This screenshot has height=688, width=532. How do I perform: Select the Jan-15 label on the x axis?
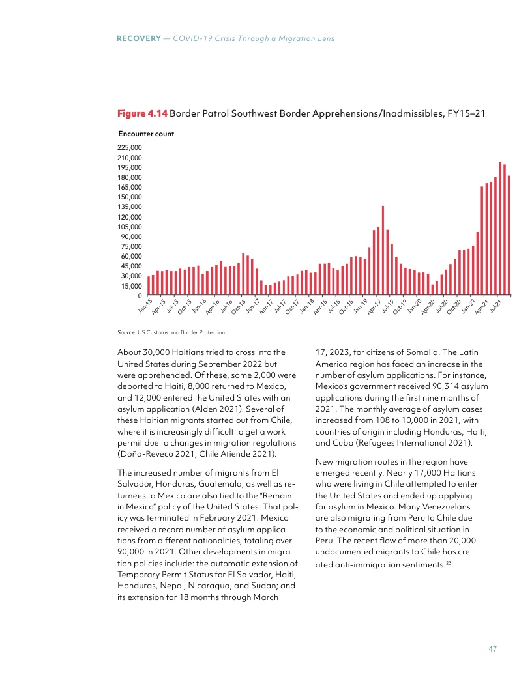point(145,306)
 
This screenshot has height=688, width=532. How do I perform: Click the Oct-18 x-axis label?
point(346,306)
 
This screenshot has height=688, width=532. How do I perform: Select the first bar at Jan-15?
point(149,286)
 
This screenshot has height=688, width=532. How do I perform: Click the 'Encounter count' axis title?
point(145,134)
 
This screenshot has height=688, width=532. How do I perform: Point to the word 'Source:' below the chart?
point(127,332)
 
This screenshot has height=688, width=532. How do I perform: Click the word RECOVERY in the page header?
point(138,39)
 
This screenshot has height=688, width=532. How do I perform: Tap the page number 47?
point(494,649)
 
